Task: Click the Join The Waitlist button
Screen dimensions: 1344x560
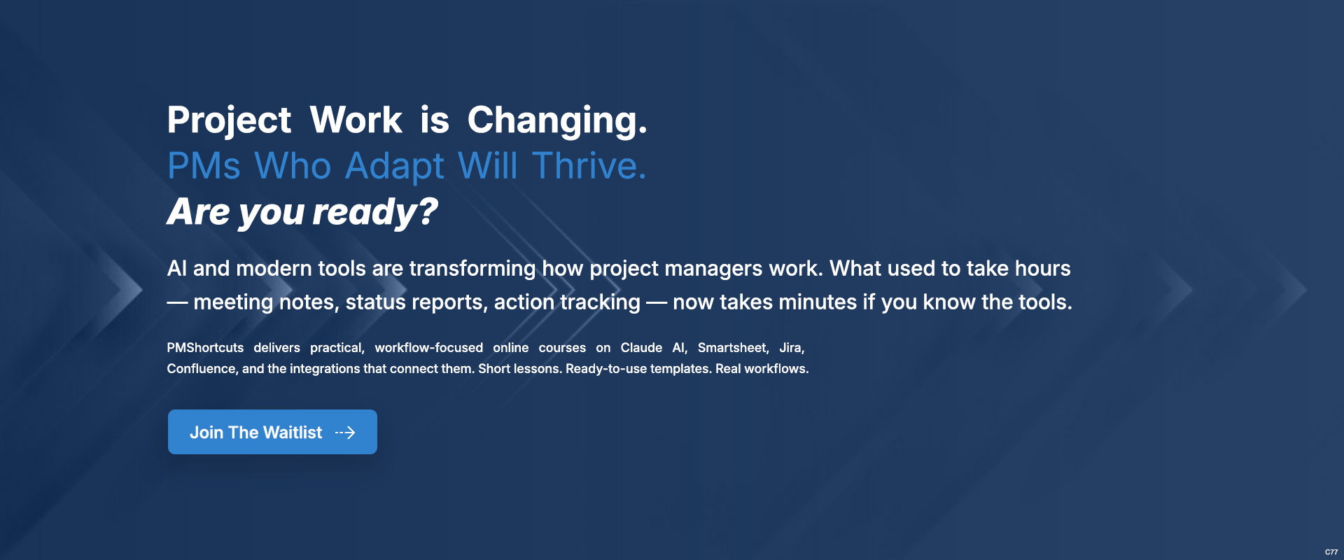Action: [272, 432]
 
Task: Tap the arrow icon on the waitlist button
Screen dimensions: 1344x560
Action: [345, 433]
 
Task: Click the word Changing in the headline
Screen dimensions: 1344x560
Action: [557, 121]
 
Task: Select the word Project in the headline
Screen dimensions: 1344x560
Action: [229, 121]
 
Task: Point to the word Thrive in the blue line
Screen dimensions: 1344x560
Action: [589, 166]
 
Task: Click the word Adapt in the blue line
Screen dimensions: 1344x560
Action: [395, 167]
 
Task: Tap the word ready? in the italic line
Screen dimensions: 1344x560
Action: [375, 212]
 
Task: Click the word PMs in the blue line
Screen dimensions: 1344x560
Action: [204, 166]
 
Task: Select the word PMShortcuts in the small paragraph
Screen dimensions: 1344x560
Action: [205, 348]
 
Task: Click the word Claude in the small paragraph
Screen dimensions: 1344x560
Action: [641, 348]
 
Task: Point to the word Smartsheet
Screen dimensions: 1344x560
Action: [733, 348]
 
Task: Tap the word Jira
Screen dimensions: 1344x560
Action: [792, 348]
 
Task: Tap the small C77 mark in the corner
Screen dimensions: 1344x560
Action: [1331, 552]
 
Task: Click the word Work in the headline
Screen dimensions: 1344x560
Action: [356, 120]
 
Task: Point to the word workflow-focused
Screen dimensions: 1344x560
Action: [428, 348]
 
